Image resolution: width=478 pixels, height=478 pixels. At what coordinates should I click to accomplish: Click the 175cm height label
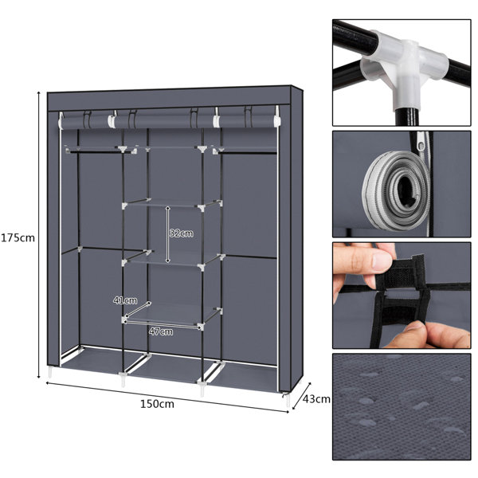pyautogui.click(x=18, y=237)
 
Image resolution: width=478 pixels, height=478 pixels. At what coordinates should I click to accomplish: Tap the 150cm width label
pyautogui.click(x=157, y=404)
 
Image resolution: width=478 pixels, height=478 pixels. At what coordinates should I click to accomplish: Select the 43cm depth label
pyautogui.click(x=316, y=399)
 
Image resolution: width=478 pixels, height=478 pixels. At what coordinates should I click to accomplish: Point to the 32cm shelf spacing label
pyautogui.click(x=182, y=233)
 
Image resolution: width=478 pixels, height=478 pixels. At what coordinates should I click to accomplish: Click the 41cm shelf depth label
pyautogui.click(x=125, y=300)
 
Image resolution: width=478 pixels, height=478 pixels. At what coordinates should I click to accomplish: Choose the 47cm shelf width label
pyautogui.click(x=161, y=331)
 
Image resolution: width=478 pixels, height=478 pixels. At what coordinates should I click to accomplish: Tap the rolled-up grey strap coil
pyautogui.click(x=396, y=190)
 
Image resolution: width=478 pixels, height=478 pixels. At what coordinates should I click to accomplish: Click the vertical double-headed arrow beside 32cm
pyautogui.click(x=167, y=234)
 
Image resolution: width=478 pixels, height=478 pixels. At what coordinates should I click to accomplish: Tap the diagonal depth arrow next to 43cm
pyautogui.click(x=301, y=396)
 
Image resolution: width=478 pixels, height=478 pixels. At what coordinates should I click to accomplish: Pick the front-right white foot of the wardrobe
pyautogui.click(x=288, y=400)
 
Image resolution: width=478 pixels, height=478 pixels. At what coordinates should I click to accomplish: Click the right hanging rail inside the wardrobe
pyautogui.click(x=246, y=151)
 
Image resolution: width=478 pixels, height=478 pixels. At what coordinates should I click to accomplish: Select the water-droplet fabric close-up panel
pyautogui.click(x=402, y=406)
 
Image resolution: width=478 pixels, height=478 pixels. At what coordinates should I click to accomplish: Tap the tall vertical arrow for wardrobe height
pyautogui.click(x=39, y=234)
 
